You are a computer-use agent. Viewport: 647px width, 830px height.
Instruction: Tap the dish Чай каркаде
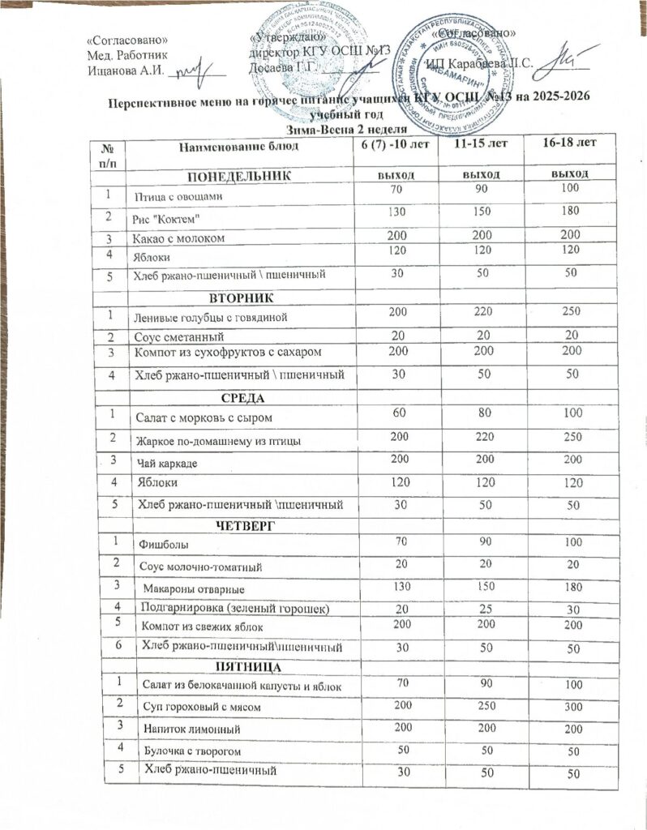click(x=168, y=462)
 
